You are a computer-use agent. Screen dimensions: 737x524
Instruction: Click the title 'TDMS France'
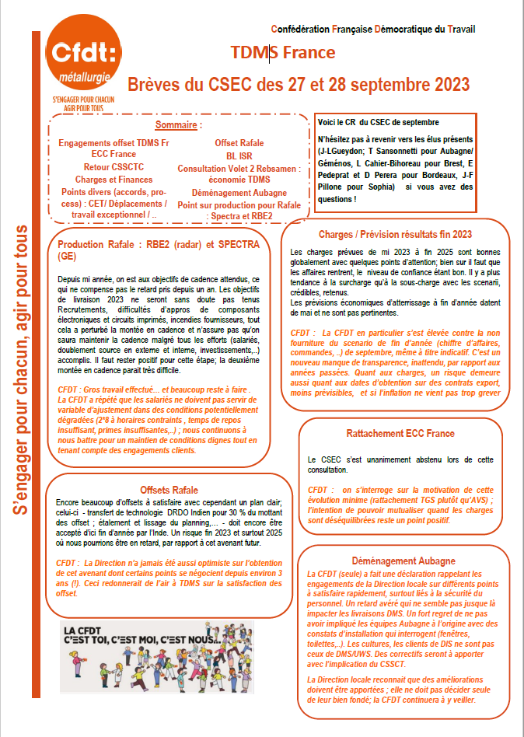coord(283,53)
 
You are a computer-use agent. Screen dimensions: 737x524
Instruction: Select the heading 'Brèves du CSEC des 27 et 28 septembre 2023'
coord(299,83)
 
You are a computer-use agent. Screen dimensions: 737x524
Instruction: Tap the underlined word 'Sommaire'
coord(178,124)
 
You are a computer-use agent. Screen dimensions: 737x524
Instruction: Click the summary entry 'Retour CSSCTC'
coord(114,167)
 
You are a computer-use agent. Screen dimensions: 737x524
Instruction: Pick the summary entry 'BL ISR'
coord(239,155)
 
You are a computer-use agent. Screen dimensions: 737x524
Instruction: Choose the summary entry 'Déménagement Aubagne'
coord(239,192)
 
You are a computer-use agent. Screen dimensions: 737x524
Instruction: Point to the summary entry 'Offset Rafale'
coord(239,143)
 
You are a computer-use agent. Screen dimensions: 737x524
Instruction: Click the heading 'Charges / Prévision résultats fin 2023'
coord(395,234)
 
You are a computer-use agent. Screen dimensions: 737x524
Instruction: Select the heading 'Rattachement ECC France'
coord(401,433)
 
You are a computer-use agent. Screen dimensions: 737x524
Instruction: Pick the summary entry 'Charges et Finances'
coord(114,179)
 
